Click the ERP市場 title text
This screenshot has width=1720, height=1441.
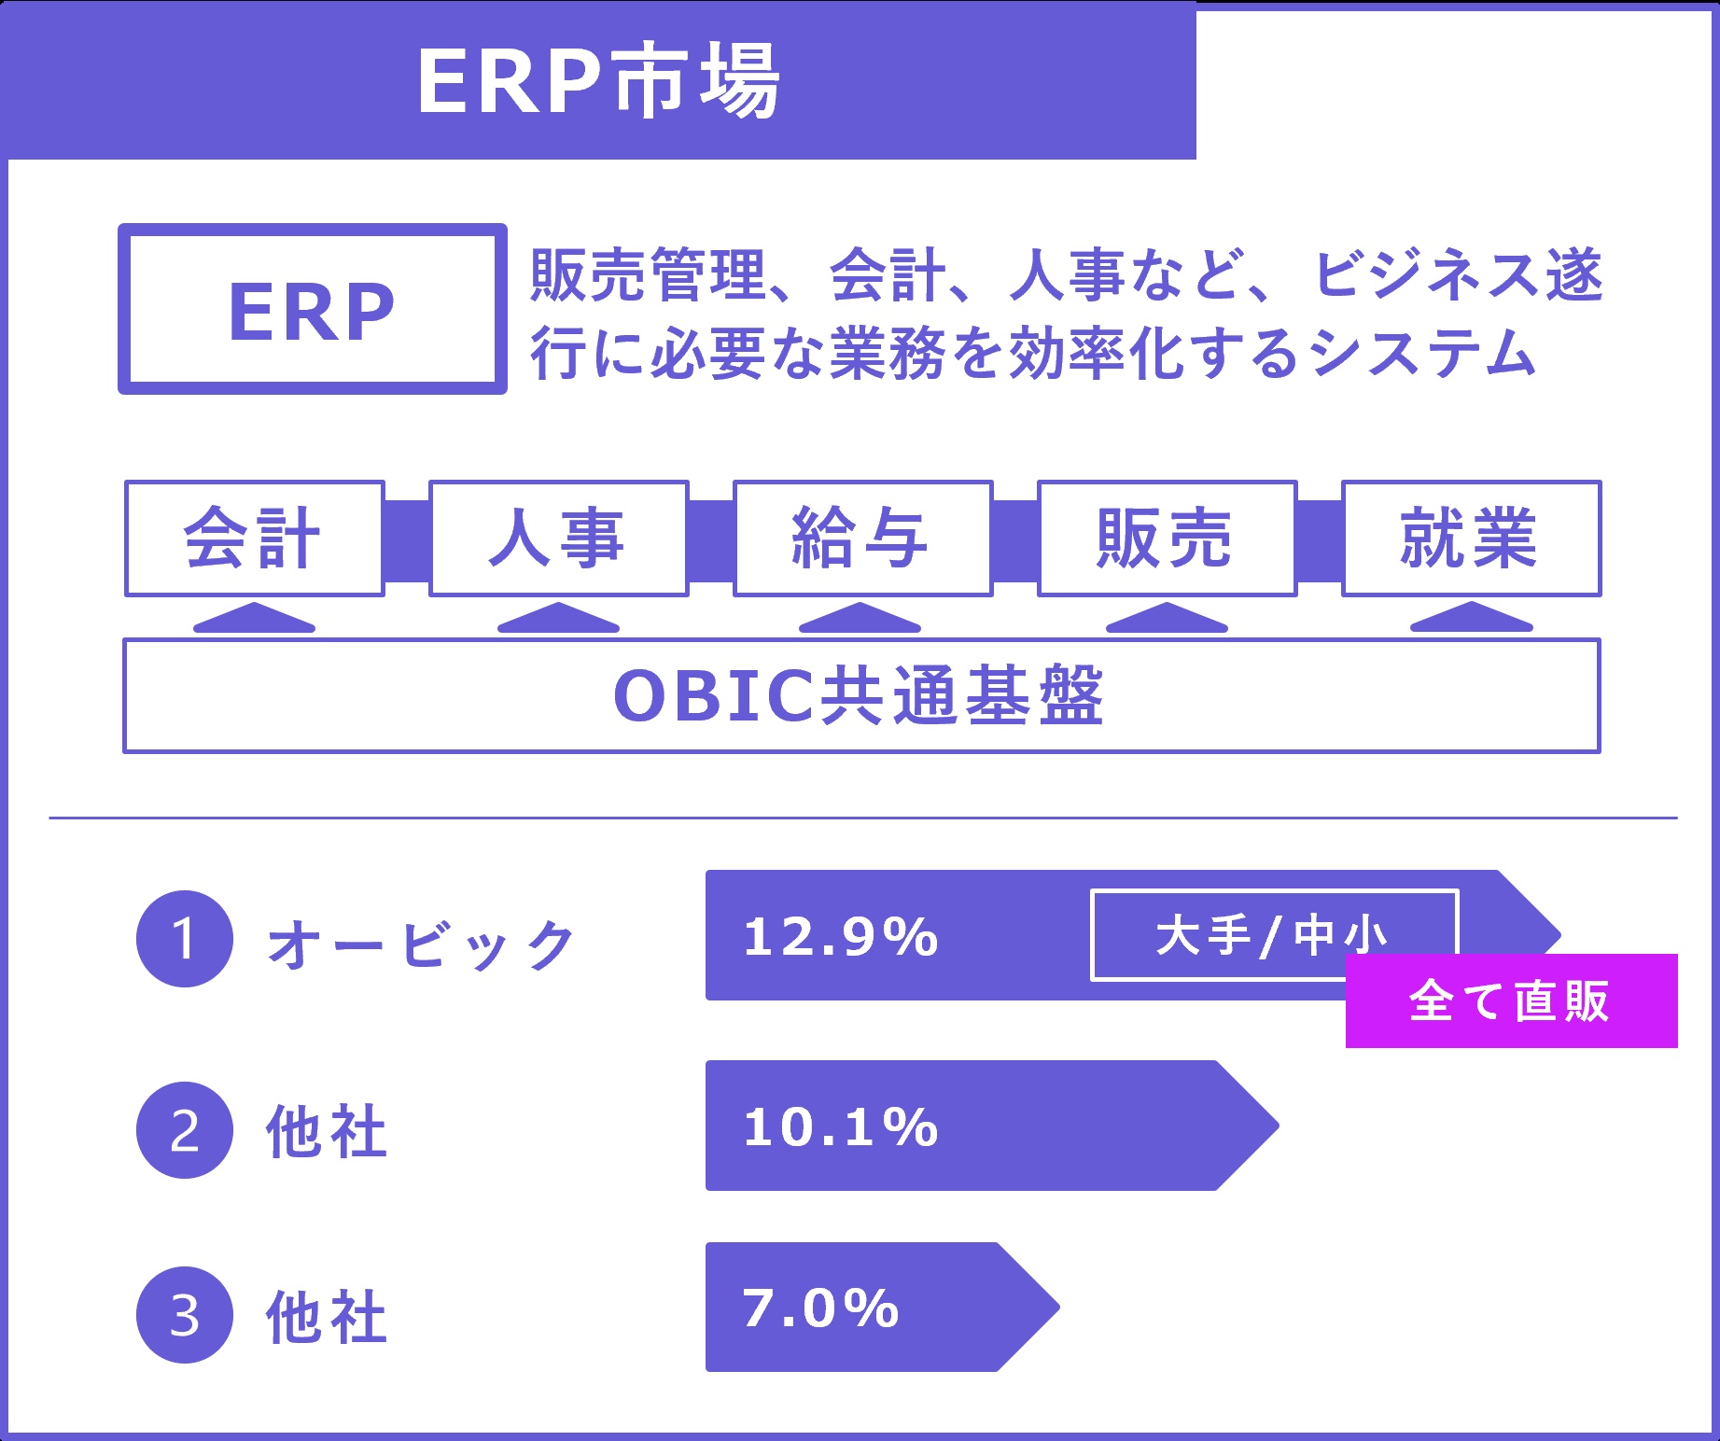[598, 81]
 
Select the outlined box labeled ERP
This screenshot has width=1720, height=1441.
[312, 309]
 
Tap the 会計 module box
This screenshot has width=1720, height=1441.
[254, 539]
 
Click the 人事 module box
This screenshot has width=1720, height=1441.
[558, 539]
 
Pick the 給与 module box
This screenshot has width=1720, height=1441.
[862, 539]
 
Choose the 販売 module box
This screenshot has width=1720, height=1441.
[1167, 539]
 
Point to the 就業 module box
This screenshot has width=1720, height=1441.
[1471, 539]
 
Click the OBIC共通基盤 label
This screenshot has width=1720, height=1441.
[860, 696]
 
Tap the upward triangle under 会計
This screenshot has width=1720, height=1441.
[254, 619]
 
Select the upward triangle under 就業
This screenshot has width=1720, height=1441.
[1471, 619]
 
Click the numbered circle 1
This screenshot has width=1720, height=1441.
[185, 939]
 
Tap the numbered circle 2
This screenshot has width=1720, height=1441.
[185, 1130]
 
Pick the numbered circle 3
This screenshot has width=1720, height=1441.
[185, 1315]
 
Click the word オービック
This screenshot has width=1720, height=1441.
[421, 944]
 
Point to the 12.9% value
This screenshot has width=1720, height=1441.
[840, 937]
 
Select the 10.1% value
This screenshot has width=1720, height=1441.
[840, 1127]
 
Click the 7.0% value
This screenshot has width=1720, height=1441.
[820, 1308]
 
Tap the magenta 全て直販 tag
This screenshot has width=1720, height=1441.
[1510, 1001]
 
